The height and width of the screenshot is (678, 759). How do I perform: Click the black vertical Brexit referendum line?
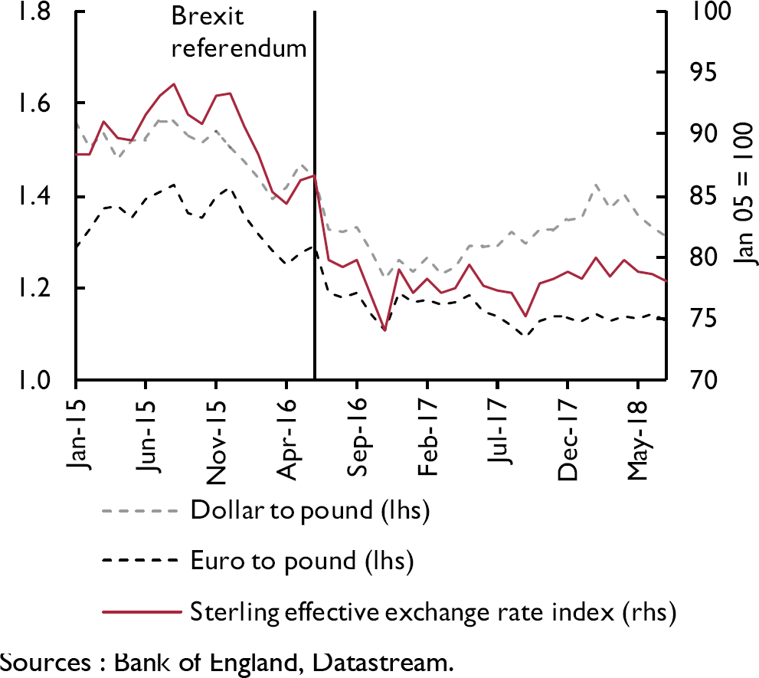pos(315,230)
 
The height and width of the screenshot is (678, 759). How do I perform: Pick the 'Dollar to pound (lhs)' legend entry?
pos(309,511)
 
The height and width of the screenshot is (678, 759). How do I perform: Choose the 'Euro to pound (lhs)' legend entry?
pos(302,562)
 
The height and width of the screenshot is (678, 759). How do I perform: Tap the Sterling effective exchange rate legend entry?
pos(433,612)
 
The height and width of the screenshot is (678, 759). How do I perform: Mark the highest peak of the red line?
pos(174,84)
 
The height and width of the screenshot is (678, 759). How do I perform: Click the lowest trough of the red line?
pos(384,330)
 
